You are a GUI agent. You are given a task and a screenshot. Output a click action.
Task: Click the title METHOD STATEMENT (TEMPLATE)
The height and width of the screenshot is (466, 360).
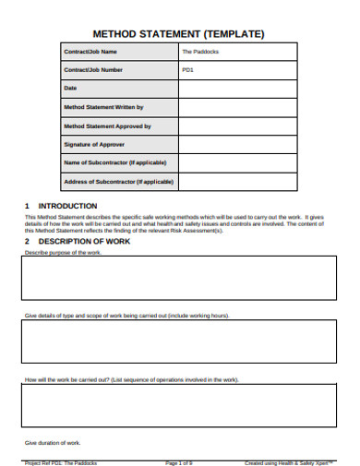[x=180, y=34]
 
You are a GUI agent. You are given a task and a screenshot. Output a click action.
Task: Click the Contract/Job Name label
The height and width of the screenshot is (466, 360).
[x=90, y=52]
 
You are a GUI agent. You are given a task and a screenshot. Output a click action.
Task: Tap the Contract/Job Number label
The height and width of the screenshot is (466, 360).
[x=92, y=69]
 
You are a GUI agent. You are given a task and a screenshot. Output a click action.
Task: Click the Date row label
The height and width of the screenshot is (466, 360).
[x=70, y=88]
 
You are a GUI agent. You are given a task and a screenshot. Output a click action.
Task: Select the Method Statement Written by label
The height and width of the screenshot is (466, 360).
[x=102, y=107]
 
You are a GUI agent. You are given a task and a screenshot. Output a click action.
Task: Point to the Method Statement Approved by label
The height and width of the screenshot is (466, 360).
[x=106, y=125]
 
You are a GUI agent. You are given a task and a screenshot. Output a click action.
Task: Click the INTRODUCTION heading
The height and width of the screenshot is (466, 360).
[x=64, y=206]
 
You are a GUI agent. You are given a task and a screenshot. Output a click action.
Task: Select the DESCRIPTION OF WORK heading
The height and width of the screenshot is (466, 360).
[x=78, y=241]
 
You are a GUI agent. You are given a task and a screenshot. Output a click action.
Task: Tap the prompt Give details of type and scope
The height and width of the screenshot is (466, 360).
[x=126, y=316]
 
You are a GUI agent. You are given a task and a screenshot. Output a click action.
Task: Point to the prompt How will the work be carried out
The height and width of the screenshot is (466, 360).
[x=131, y=379]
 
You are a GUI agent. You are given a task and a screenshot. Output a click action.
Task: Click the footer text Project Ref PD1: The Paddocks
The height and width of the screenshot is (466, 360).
[x=60, y=461]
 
